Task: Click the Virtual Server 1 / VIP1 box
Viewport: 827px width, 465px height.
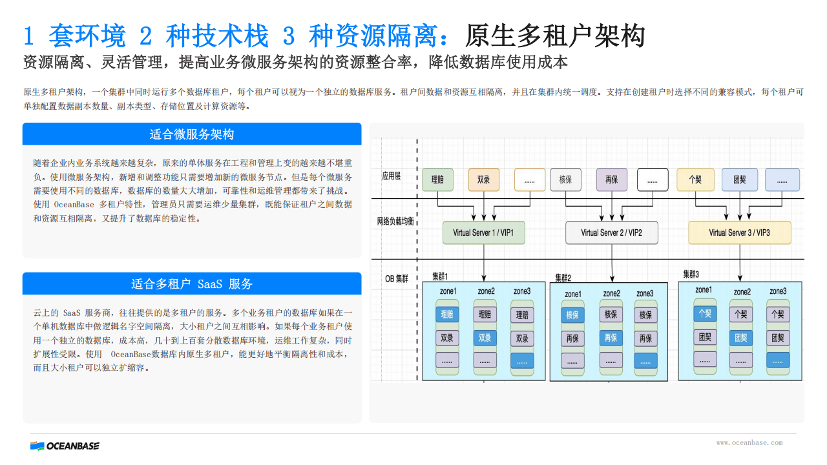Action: (484, 232)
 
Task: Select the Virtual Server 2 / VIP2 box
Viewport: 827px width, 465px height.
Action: (611, 232)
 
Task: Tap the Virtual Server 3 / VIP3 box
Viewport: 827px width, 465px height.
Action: (740, 232)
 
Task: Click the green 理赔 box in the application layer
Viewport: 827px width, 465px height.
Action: (437, 180)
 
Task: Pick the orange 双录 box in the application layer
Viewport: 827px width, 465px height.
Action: (484, 180)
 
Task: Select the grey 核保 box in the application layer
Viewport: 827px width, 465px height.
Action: (565, 180)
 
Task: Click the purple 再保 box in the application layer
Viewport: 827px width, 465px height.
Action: (612, 180)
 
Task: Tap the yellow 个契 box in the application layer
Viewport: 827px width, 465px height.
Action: (696, 180)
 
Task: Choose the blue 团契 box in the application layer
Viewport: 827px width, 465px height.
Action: (740, 180)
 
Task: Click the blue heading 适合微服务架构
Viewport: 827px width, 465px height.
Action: (192, 134)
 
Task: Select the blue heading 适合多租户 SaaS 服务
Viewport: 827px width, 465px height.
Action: (192, 284)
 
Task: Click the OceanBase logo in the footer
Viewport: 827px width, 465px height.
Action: (65, 446)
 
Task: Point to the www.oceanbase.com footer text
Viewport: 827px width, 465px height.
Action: (749, 442)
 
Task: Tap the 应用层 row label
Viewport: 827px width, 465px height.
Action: (392, 176)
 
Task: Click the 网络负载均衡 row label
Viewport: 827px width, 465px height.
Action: (395, 222)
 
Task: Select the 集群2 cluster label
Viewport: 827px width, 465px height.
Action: (563, 278)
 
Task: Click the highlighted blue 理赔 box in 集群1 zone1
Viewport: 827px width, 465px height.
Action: (447, 315)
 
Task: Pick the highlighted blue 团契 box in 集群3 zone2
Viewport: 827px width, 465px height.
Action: (741, 338)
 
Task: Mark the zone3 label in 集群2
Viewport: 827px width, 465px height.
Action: (645, 293)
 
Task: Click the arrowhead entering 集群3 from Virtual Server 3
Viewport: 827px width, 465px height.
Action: (740, 278)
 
